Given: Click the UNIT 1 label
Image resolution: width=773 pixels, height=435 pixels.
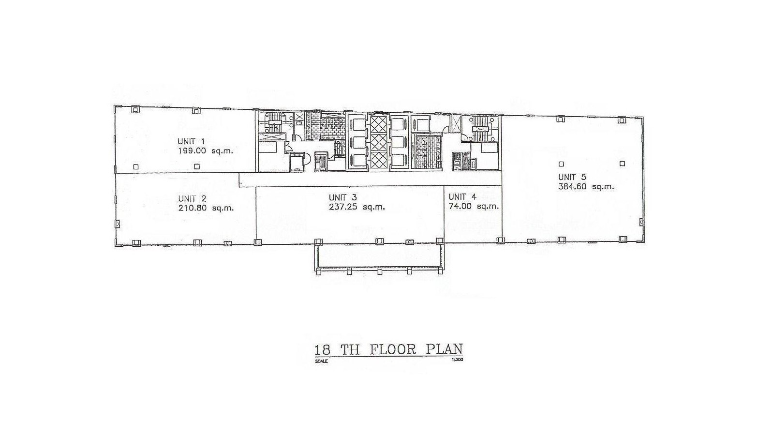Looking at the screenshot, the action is click(x=191, y=141).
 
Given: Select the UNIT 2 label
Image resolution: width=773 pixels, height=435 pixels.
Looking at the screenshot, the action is click(x=192, y=198).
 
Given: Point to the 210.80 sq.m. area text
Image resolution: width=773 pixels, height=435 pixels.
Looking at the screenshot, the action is click(x=206, y=208).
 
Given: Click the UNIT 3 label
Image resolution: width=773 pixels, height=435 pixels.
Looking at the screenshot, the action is click(x=342, y=197).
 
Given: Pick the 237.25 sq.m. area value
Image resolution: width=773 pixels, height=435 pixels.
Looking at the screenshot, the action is click(x=357, y=207).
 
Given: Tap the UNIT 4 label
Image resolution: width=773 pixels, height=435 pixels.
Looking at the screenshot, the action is click(x=462, y=197).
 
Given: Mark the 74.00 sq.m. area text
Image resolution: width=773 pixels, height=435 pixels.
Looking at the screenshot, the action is click(x=474, y=207).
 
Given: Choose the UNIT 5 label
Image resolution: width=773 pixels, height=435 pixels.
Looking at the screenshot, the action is click(x=572, y=177).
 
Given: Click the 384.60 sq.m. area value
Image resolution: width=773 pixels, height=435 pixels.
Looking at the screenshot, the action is click(x=586, y=187).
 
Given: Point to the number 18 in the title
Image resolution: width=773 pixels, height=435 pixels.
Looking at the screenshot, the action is click(x=323, y=350).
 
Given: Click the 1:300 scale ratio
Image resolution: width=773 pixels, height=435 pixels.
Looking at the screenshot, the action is click(x=457, y=360).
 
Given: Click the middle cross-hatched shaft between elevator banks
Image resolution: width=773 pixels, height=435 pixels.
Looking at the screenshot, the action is click(x=378, y=142).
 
